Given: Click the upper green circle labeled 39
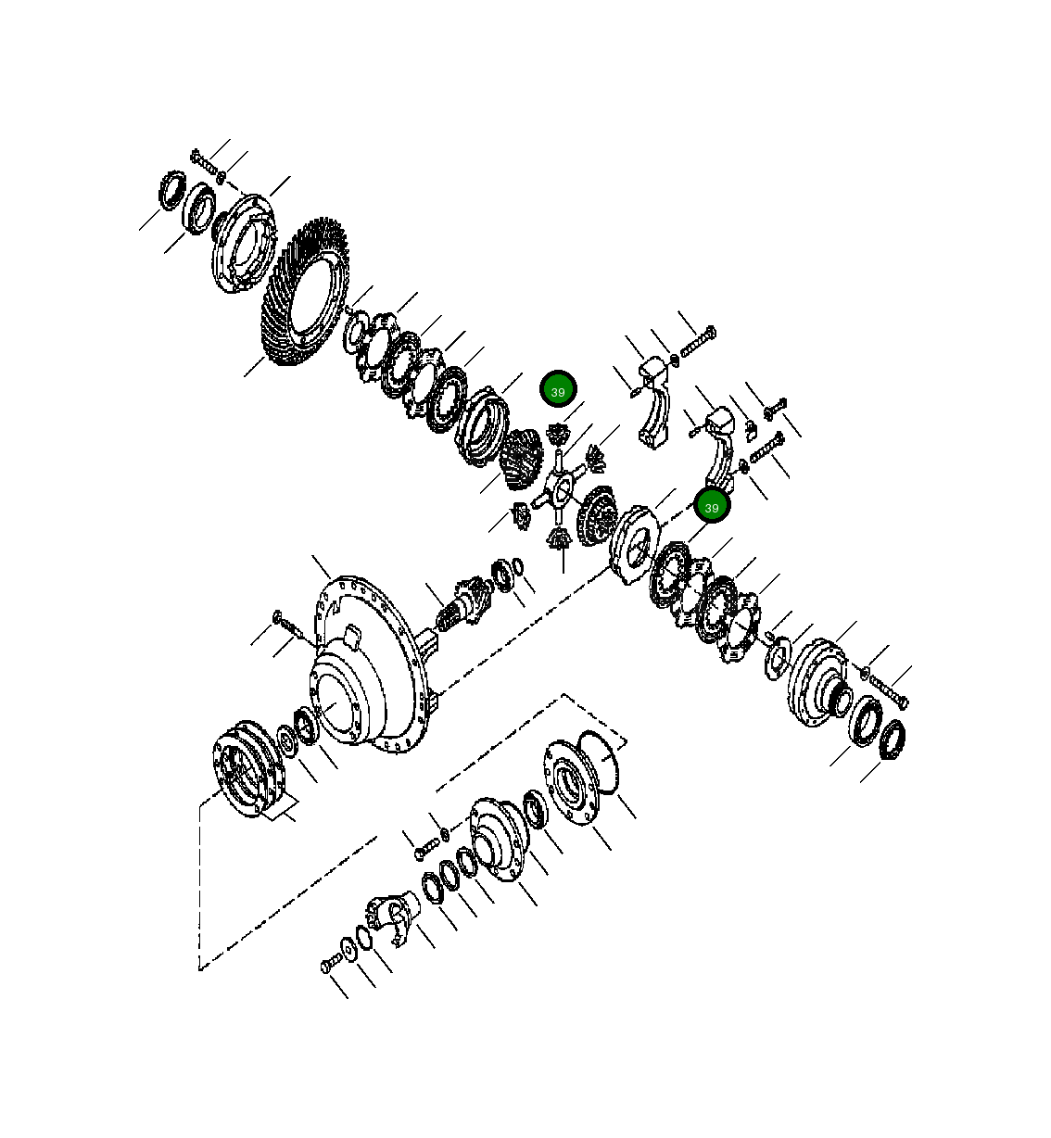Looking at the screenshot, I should coord(558,391).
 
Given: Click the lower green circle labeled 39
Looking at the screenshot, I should coord(712,507).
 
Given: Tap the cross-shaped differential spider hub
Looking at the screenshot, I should coord(562,486).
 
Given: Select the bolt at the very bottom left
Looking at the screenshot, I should coord(330,966).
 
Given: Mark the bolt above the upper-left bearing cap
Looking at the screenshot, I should coord(698,342).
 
